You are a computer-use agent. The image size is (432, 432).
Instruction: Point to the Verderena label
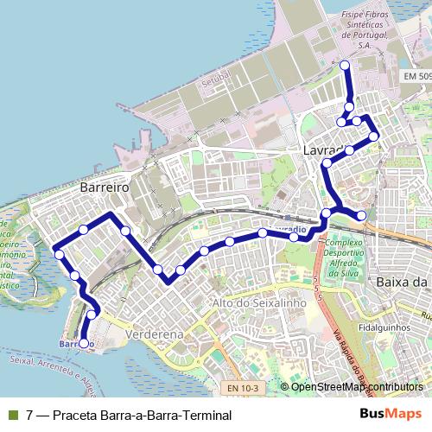pos(154,334)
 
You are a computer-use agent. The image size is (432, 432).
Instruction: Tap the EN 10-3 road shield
pos(243,389)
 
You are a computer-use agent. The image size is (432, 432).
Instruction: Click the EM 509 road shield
pos(416,77)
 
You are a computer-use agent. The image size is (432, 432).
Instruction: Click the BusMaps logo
pos(391,414)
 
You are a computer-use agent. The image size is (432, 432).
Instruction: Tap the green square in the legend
pos(13,415)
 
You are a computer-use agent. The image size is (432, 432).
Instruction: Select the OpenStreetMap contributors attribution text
pos(357,386)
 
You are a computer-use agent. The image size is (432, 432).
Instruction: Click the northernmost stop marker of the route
pos(345,66)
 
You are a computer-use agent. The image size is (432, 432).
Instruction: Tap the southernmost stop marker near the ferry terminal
pos(83,343)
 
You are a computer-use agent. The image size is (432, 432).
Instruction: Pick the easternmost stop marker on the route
pos(373,136)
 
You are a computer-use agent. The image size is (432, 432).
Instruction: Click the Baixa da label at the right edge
pos(403,283)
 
